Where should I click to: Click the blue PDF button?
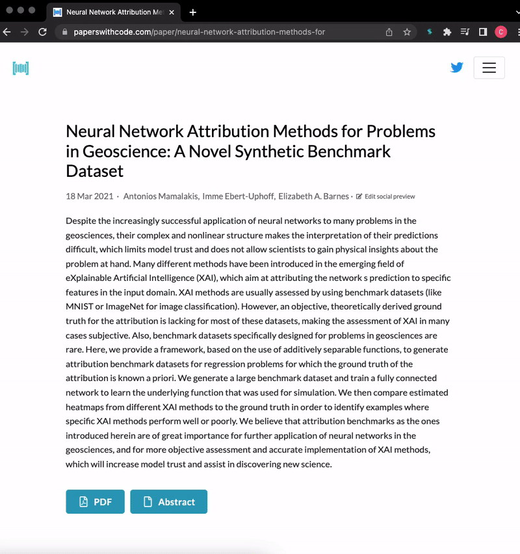tap(95, 501)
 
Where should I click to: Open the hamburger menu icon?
tap(489, 68)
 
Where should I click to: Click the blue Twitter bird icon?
tap(457, 67)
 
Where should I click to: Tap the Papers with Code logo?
tap(21, 68)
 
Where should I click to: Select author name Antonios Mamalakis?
tap(161, 196)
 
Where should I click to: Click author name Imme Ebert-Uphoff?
tap(239, 196)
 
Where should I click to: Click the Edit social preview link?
tap(389, 196)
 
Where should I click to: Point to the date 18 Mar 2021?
tap(90, 196)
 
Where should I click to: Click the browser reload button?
tap(42, 32)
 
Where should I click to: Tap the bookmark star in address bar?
tap(407, 32)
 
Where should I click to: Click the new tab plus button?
tap(193, 12)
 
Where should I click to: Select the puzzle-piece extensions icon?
tap(447, 32)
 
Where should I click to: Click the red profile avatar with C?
tap(501, 32)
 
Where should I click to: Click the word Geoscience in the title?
tap(120, 152)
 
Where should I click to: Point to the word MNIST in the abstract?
tap(82, 306)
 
